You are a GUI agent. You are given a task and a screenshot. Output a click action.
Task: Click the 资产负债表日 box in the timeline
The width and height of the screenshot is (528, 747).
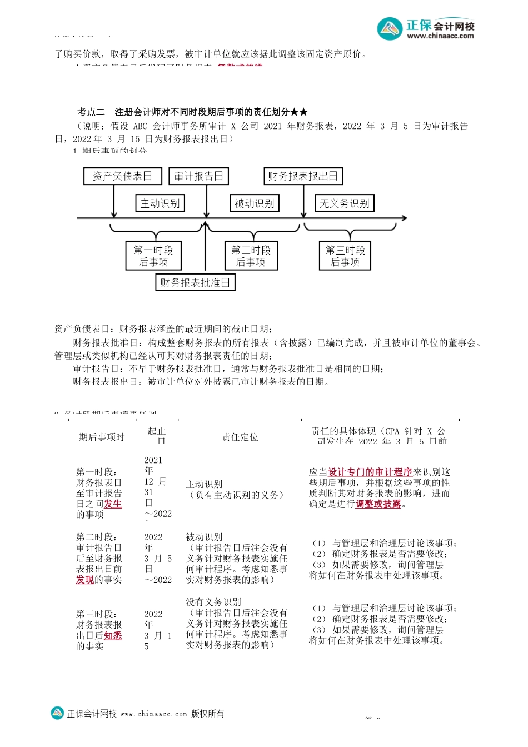[x=123, y=176]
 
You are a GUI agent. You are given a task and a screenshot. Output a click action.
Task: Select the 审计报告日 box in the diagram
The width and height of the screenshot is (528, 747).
[x=198, y=176]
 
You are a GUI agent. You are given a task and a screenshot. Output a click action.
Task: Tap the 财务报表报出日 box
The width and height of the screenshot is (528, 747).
[x=303, y=176]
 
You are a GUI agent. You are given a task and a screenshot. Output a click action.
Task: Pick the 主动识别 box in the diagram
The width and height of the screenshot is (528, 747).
[x=160, y=203]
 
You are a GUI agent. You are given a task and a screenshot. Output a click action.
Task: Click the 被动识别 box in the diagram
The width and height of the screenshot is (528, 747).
[x=254, y=203]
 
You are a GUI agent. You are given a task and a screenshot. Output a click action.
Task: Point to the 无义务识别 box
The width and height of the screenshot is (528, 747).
[x=345, y=203]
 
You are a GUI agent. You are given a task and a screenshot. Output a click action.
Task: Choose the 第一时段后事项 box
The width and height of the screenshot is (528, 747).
[x=153, y=256]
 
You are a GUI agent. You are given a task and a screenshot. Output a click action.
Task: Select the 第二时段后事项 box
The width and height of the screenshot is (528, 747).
[x=251, y=256]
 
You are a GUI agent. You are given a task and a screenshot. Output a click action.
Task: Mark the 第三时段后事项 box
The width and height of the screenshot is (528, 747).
[x=345, y=256]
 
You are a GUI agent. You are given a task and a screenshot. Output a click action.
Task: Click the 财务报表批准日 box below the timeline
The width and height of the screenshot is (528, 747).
[x=195, y=282]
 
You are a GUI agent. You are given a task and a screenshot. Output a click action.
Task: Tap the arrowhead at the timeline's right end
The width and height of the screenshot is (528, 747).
[x=404, y=218]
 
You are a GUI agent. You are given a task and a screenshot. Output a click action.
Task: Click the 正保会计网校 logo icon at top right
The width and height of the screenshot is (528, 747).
[x=390, y=29]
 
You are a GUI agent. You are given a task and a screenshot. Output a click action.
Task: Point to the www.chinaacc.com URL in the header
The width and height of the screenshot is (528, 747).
[x=440, y=36]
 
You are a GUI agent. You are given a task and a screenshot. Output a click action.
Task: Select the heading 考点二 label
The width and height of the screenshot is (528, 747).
[x=91, y=112]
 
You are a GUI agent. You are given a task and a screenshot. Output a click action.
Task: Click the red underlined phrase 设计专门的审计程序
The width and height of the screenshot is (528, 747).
[x=370, y=472]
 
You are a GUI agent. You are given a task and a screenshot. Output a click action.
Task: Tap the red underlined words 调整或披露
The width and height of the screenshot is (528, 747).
[x=378, y=504]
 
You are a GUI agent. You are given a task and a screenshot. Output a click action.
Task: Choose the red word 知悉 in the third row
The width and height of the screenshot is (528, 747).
[x=113, y=635]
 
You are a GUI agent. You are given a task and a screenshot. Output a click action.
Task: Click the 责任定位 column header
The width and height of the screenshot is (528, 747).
[x=240, y=437]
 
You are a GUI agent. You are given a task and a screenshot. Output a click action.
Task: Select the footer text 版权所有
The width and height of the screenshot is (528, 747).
[x=208, y=714]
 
